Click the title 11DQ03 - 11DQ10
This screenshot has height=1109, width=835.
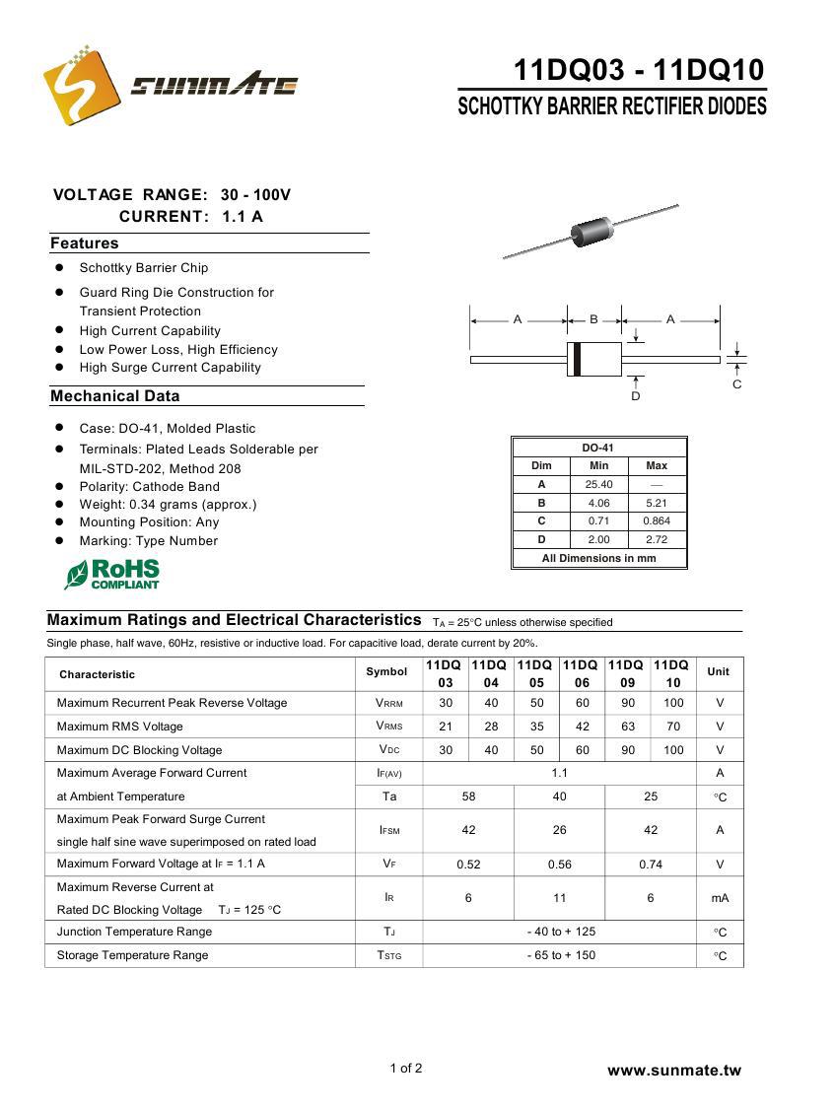[638, 70]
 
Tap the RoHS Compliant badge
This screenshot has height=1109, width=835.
[111, 574]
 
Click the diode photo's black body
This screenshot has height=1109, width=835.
[591, 232]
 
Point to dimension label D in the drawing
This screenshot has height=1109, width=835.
[636, 396]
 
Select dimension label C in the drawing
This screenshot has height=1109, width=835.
[736, 384]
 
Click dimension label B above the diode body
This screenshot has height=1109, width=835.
[594, 319]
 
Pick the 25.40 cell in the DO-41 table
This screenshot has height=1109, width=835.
[598, 484]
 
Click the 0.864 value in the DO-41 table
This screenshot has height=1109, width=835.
[657, 520]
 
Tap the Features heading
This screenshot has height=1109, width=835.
[85, 243]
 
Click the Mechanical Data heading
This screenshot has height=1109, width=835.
[115, 396]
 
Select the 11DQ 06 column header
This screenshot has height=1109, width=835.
[582, 674]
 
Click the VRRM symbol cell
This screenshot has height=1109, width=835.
[388, 704]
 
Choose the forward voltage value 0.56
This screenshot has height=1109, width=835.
[559, 865]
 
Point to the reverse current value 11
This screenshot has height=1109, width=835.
[559, 898]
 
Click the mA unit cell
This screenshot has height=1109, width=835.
[720, 898]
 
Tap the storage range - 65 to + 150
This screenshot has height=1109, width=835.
[559, 955]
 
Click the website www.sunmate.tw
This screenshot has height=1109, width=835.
[673, 1071]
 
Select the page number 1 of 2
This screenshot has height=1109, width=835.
[406, 1068]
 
